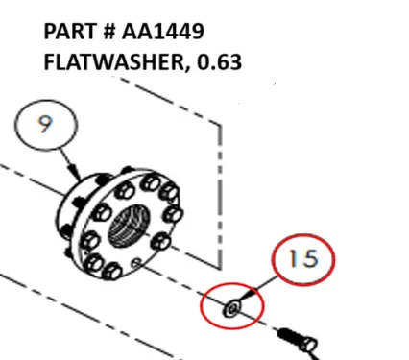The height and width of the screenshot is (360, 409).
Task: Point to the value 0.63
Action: coord(218,63)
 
